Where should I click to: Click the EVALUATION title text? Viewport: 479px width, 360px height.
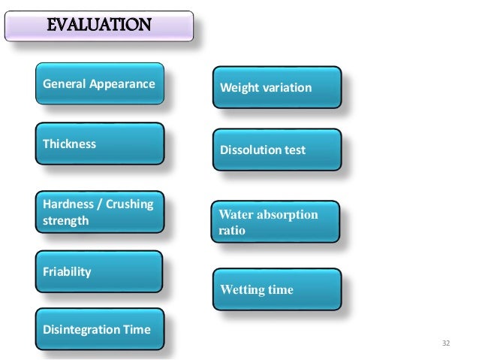click(x=99, y=26)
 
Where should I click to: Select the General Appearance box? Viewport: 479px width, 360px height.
click(x=99, y=83)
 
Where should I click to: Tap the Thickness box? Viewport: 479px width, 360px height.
click(x=99, y=144)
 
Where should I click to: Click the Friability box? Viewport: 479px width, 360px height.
click(x=99, y=271)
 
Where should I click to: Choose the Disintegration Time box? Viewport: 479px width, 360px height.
click(x=99, y=329)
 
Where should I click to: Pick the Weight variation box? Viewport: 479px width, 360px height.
click(x=277, y=88)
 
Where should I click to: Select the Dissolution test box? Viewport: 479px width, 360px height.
click(x=277, y=150)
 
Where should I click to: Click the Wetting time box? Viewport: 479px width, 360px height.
click(x=277, y=289)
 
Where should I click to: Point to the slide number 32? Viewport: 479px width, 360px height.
click(x=446, y=343)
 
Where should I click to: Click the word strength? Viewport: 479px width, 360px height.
click(x=66, y=221)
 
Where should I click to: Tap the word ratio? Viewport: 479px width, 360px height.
click(x=232, y=231)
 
